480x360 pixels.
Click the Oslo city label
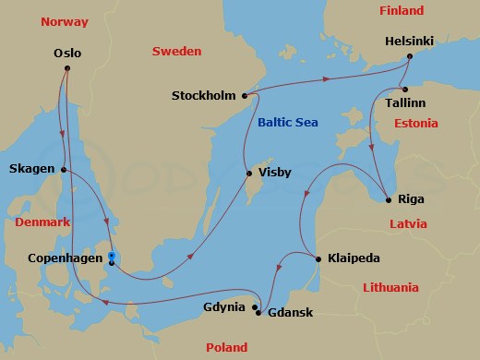tap(67, 53)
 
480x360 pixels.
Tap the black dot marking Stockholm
tap(245, 95)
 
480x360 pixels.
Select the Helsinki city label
tap(411, 42)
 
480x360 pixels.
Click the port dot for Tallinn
tap(404, 90)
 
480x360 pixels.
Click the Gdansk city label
tap(290, 313)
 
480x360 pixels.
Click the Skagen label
tap(30, 169)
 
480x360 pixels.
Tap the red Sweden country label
tap(176, 52)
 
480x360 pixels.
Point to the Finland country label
tap(402, 11)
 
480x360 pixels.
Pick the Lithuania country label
tap(391, 287)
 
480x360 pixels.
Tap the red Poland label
tap(226, 348)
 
